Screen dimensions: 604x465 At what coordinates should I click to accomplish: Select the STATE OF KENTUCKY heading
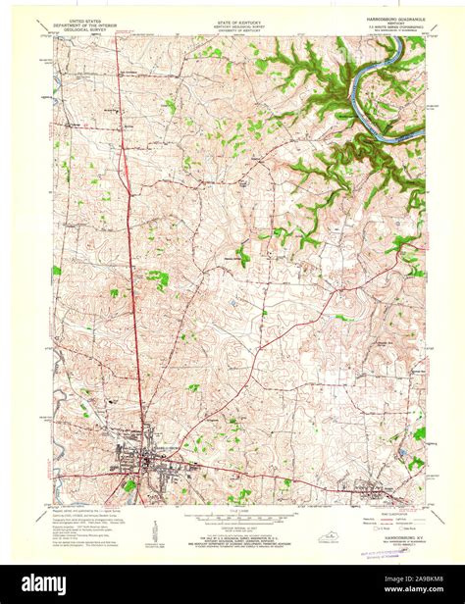(x=232, y=19)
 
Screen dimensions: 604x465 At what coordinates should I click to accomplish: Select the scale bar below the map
(x=232, y=514)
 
